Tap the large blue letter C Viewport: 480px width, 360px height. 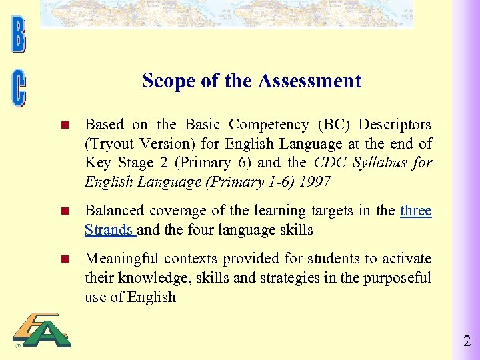[19, 89]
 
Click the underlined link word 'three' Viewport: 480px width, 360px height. [416, 211]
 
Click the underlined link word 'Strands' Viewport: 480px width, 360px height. [109, 230]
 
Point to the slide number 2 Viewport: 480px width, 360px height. [467, 342]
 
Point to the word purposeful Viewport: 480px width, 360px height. [397, 278]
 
